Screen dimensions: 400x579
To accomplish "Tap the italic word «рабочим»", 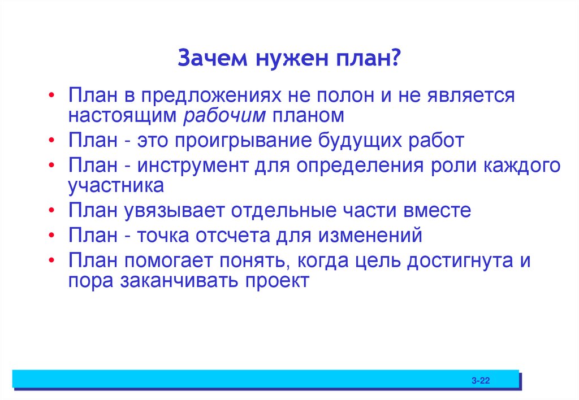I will pyautogui.click(x=224, y=115).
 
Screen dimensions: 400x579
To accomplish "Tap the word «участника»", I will pyautogui.click(x=116, y=185).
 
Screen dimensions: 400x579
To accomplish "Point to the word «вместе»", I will pyautogui.click(x=437, y=211).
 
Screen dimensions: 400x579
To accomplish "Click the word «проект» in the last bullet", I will pyautogui.click(x=278, y=281).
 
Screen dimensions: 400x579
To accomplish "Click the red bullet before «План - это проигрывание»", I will pyautogui.click(x=52, y=141).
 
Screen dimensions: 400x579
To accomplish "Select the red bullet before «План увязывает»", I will pyautogui.click(x=52, y=211).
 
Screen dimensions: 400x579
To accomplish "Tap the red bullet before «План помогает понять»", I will pyautogui.click(x=52, y=262).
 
